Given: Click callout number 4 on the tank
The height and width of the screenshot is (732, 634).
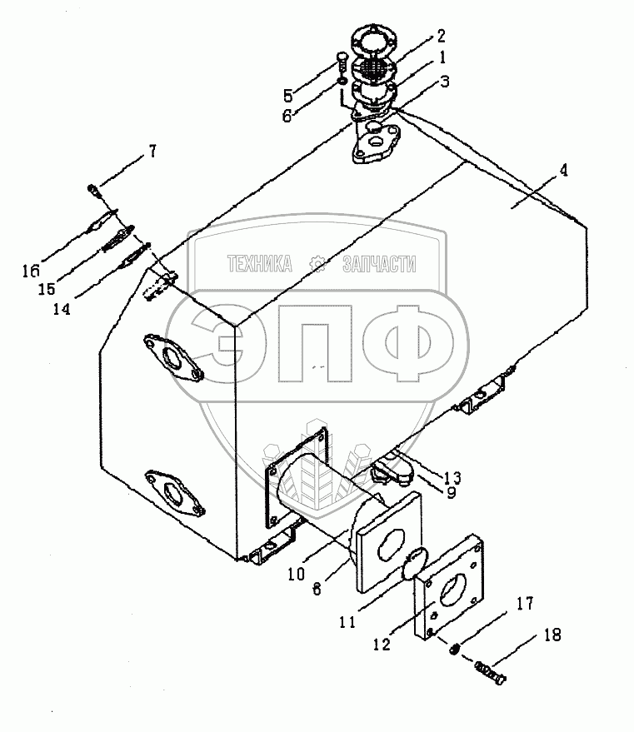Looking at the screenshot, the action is [564, 171].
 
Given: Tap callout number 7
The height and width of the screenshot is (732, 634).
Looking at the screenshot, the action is [152, 152].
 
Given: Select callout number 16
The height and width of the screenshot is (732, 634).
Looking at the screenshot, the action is [31, 271].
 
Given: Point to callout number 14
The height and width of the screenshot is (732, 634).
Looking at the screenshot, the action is [61, 309].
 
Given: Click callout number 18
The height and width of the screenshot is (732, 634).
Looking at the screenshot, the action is [552, 635].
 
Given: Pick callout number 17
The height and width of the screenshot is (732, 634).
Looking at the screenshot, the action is [525, 603].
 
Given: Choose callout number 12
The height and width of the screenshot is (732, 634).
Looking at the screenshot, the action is [382, 645].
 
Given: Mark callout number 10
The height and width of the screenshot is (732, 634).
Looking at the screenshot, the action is [296, 574].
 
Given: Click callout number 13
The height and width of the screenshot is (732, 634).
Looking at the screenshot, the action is [452, 477].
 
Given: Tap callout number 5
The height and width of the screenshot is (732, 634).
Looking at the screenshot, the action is [287, 96].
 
